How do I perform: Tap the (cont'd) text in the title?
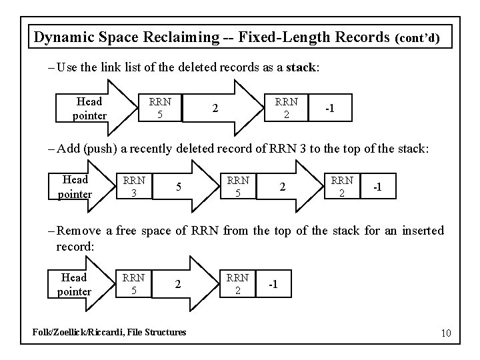tap(417, 38)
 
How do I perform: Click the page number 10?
tap(445, 333)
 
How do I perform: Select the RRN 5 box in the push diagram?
tap(237, 187)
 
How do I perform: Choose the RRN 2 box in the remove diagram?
tap(237, 284)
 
